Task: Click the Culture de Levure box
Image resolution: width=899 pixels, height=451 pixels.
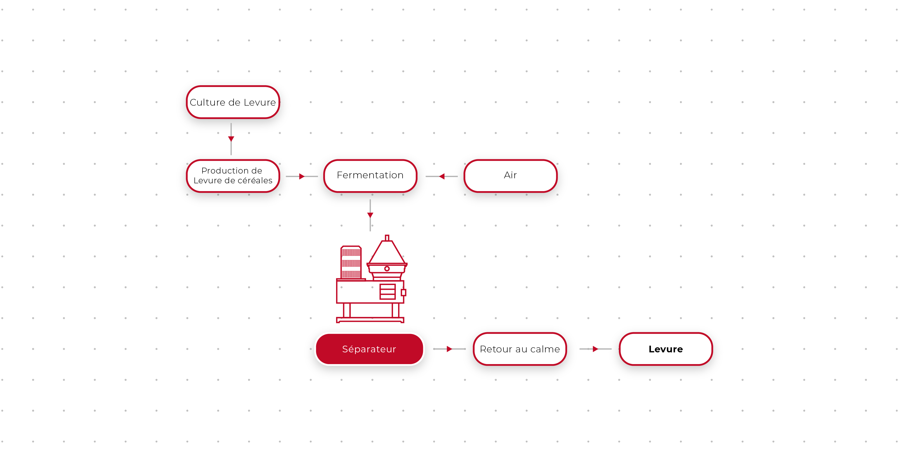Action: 233,102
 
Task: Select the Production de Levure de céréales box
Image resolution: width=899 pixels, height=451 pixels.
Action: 233,175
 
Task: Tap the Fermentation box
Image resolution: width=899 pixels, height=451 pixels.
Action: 370,175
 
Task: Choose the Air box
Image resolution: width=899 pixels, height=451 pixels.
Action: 510,175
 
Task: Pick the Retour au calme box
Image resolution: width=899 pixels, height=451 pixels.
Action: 520,349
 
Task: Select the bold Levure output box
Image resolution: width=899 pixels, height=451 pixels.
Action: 665,349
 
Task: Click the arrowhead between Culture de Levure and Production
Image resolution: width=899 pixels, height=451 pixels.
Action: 231,139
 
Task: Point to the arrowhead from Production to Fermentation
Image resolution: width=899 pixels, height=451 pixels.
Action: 301,177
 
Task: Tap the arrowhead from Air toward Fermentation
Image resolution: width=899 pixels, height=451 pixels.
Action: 442,177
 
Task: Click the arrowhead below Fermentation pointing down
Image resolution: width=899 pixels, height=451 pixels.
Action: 370,215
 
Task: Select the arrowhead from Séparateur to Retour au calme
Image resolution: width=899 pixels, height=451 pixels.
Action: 449,349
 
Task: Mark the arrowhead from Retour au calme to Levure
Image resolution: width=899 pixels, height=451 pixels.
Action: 595,349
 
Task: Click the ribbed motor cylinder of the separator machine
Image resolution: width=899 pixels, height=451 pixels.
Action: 351,262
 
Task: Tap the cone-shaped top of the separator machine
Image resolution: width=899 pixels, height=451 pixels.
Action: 387,252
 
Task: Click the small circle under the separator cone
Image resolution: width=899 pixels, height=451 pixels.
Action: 387,269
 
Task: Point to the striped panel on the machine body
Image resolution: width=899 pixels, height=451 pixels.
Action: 387,292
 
